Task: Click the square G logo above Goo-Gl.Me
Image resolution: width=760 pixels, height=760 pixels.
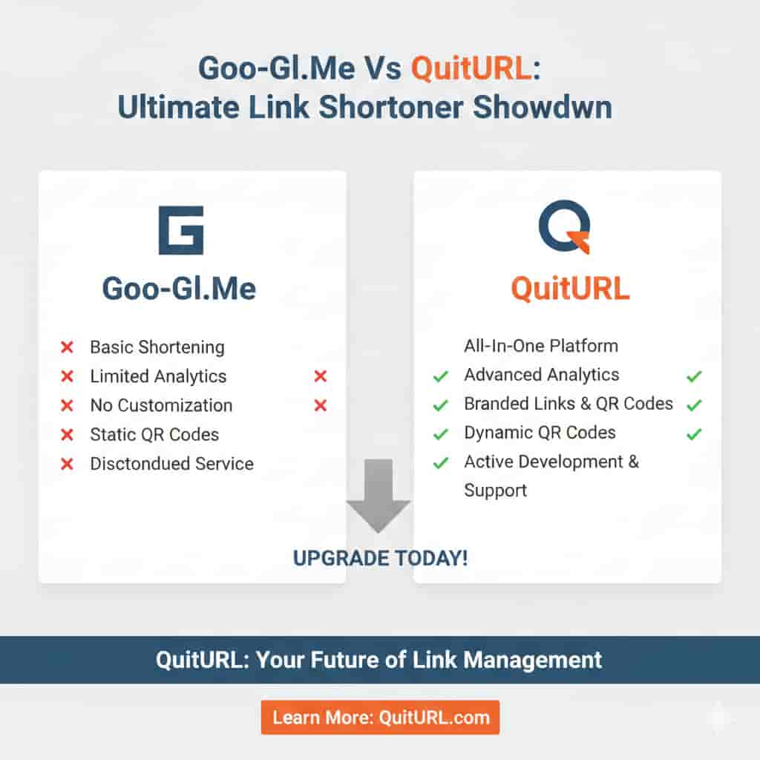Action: pos(180,230)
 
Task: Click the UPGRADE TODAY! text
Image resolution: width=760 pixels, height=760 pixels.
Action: pos(380,558)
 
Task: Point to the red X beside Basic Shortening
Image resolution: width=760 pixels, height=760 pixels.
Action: pos(67,347)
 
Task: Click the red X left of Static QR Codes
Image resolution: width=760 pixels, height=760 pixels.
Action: pos(67,435)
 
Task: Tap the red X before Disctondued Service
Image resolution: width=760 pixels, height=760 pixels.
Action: pos(67,464)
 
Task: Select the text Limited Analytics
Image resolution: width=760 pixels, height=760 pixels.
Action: pos(158,376)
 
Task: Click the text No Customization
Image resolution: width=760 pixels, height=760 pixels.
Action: pos(161,405)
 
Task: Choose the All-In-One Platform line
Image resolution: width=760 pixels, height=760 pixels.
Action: pos(540,345)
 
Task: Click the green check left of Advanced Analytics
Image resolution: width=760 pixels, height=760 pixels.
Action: pos(440,376)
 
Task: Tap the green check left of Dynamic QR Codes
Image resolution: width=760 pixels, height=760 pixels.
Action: pos(440,434)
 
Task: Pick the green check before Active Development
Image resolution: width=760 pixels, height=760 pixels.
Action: pos(440,463)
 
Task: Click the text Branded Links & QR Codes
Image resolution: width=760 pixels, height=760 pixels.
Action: pos(568,404)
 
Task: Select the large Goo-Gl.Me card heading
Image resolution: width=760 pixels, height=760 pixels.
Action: pos(179,288)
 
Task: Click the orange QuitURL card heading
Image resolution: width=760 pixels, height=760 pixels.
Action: pos(570,288)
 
